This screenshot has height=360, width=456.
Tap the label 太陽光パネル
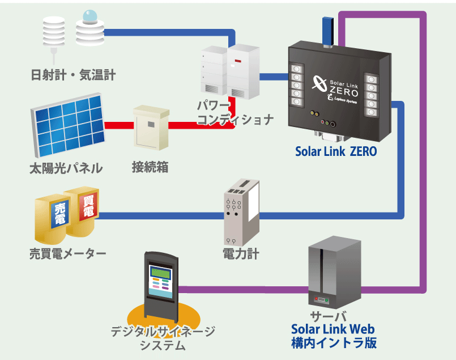coord(66,168)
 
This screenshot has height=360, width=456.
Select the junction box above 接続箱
coord(150,128)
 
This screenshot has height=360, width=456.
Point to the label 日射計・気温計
coord(74,74)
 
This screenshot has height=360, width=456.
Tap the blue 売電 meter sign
coord(59,215)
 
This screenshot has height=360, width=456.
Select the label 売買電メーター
coord(67,253)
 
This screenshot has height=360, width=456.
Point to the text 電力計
coord(241,253)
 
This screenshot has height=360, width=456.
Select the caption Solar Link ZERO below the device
coord(335,151)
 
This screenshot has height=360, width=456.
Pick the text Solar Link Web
coord(333,329)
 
